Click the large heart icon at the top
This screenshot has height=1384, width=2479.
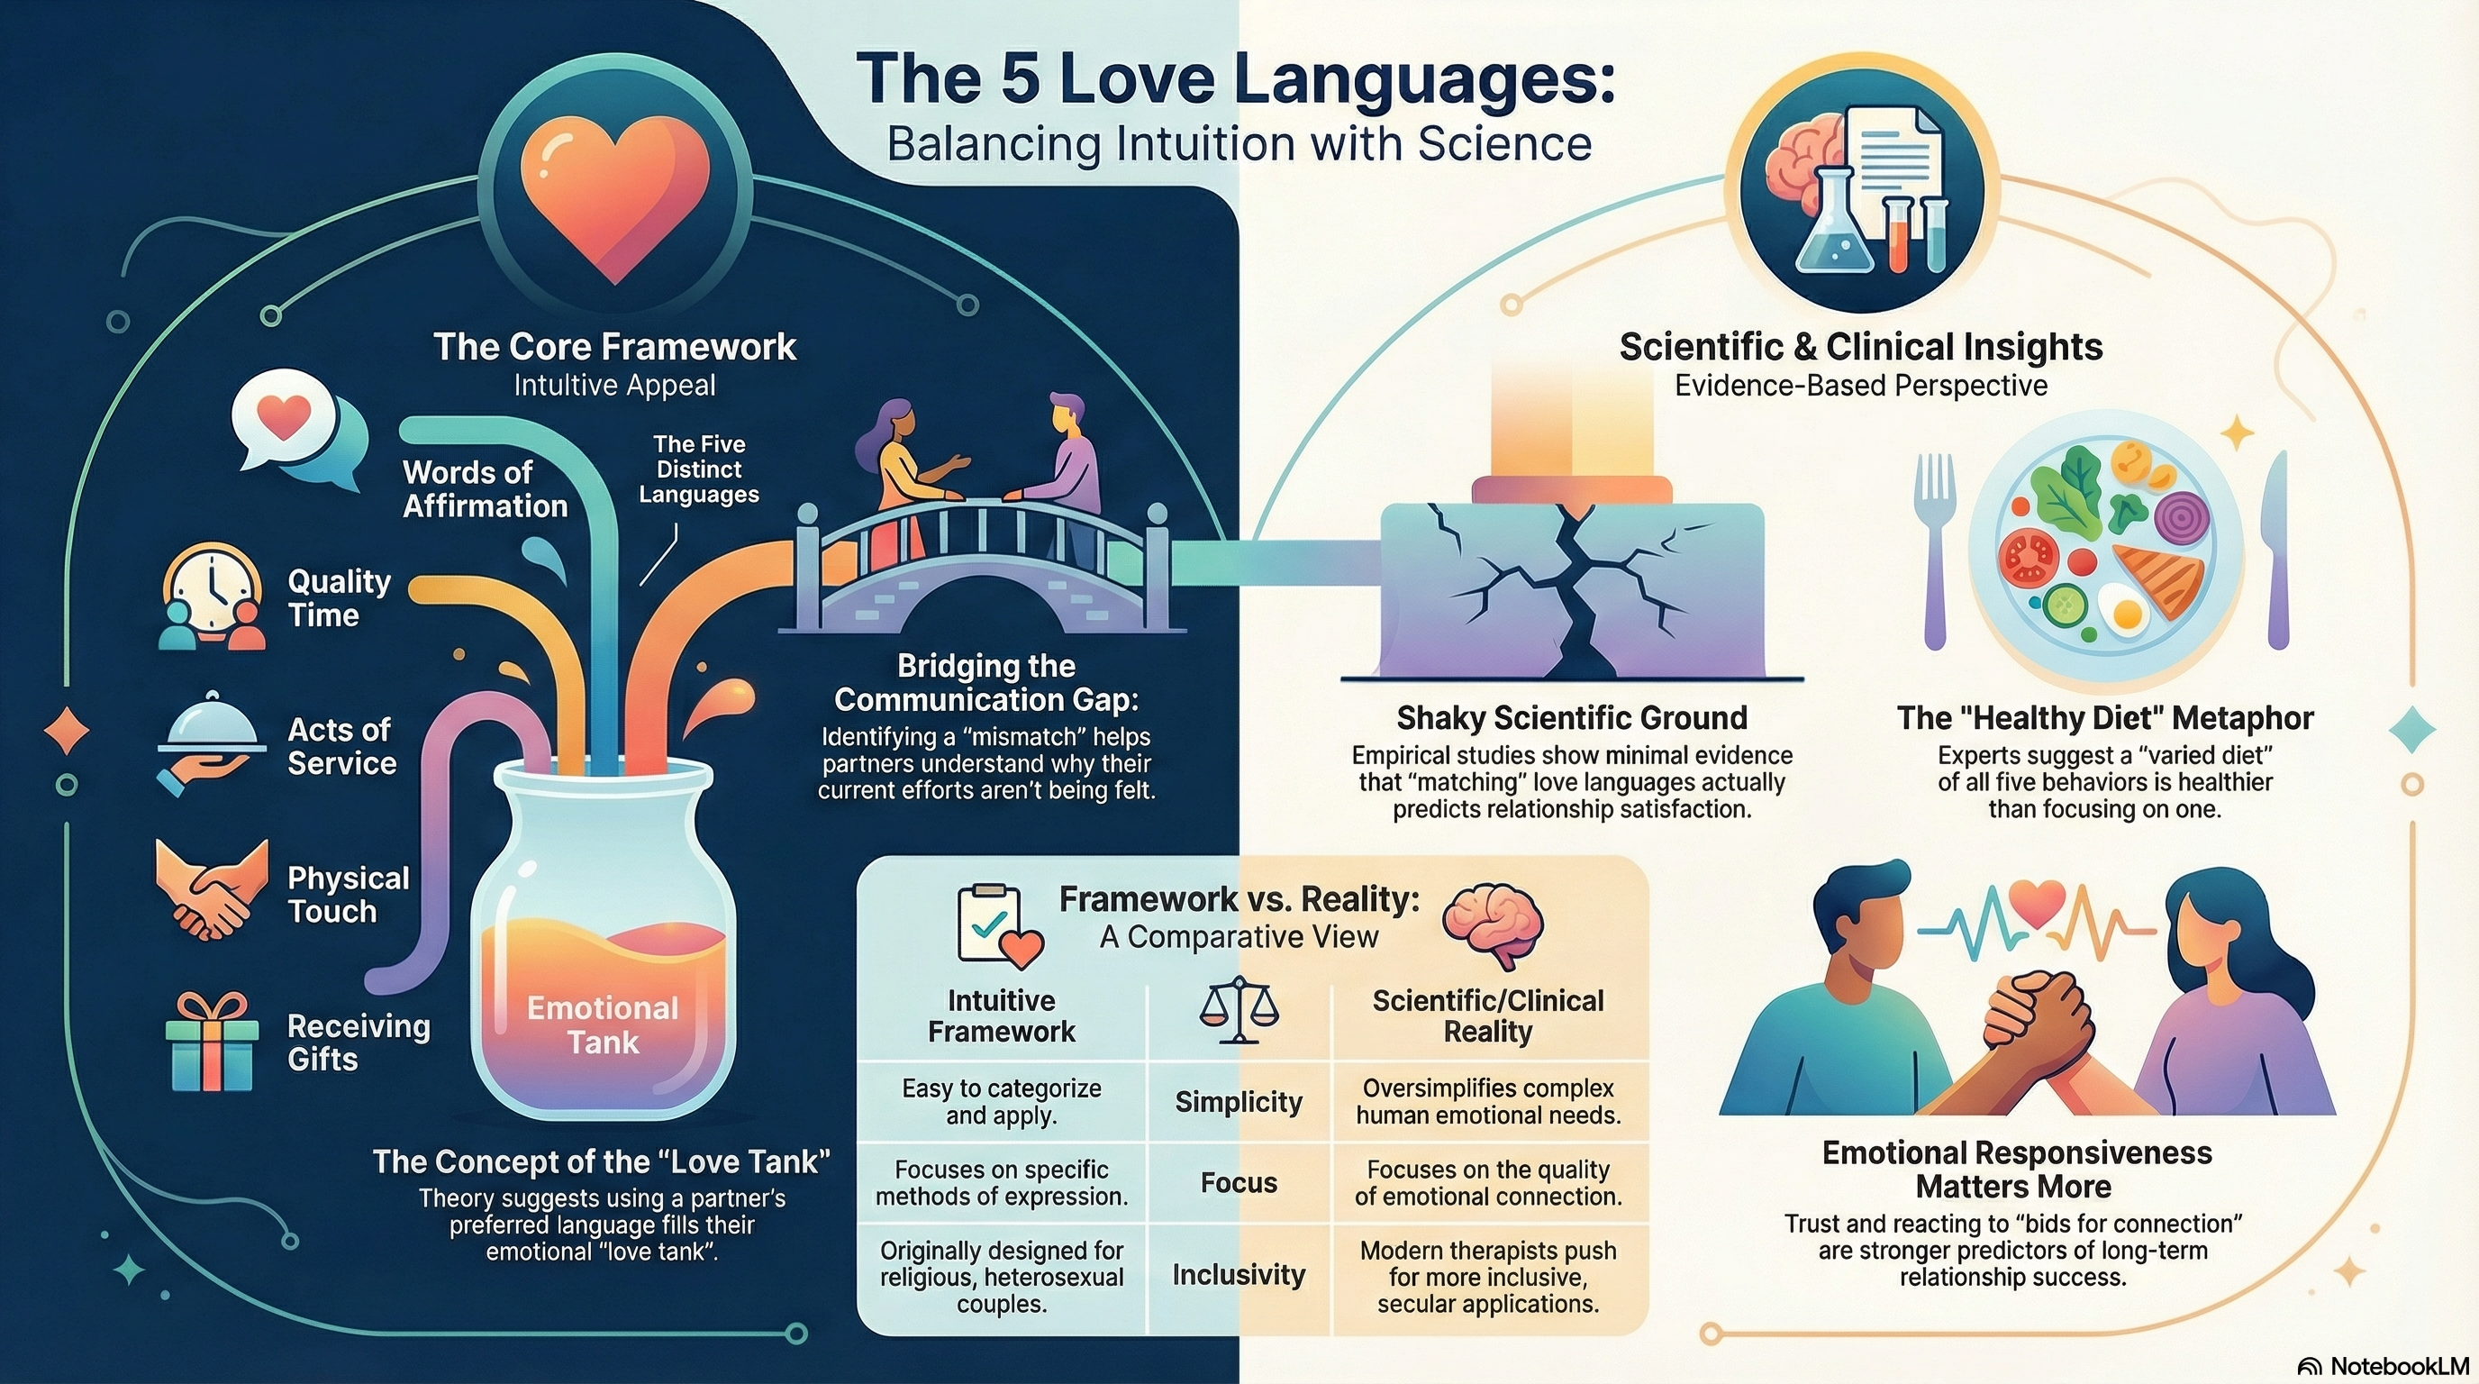point(615,197)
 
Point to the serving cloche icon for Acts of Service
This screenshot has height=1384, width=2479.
point(212,736)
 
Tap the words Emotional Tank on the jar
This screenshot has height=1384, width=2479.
point(603,1025)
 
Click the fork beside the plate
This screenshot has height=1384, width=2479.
point(1935,549)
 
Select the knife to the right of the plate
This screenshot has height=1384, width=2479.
point(2277,549)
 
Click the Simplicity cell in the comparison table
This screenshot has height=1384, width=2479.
point(1239,1102)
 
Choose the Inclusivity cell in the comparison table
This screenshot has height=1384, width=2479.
point(1239,1275)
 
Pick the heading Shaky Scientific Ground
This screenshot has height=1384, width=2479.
point(1572,718)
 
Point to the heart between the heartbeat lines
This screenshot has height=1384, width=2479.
point(2038,905)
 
